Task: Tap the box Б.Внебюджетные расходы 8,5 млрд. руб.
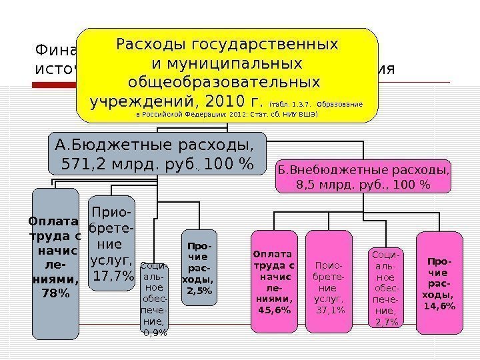363,176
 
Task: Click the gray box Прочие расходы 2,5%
199,267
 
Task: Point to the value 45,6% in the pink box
273,310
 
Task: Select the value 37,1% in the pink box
329,310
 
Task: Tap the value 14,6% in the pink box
439,305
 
